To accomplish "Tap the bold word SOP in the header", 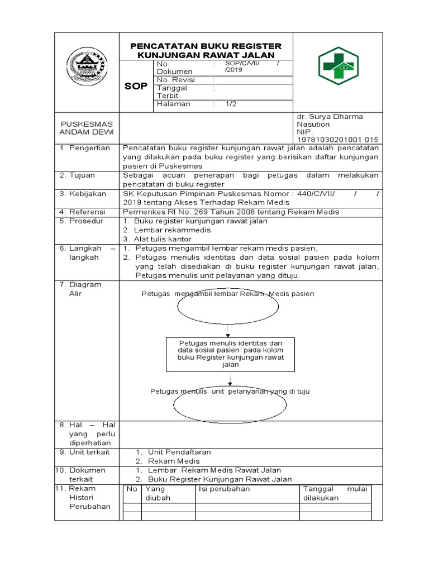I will [x=136, y=86].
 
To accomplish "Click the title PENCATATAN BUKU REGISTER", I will [x=206, y=46].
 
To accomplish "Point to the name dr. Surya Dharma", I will [x=330, y=117].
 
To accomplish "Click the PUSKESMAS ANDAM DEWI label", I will [x=87, y=127].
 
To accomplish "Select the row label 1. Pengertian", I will [x=85, y=148].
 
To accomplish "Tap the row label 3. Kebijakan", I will [x=85, y=194].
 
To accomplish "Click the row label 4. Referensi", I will [x=85, y=212].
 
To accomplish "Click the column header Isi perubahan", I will [x=225, y=489].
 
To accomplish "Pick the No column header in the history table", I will [x=132, y=489].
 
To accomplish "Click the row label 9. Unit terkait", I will [x=85, y=452].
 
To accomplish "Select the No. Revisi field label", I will [x=175, y=80].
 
